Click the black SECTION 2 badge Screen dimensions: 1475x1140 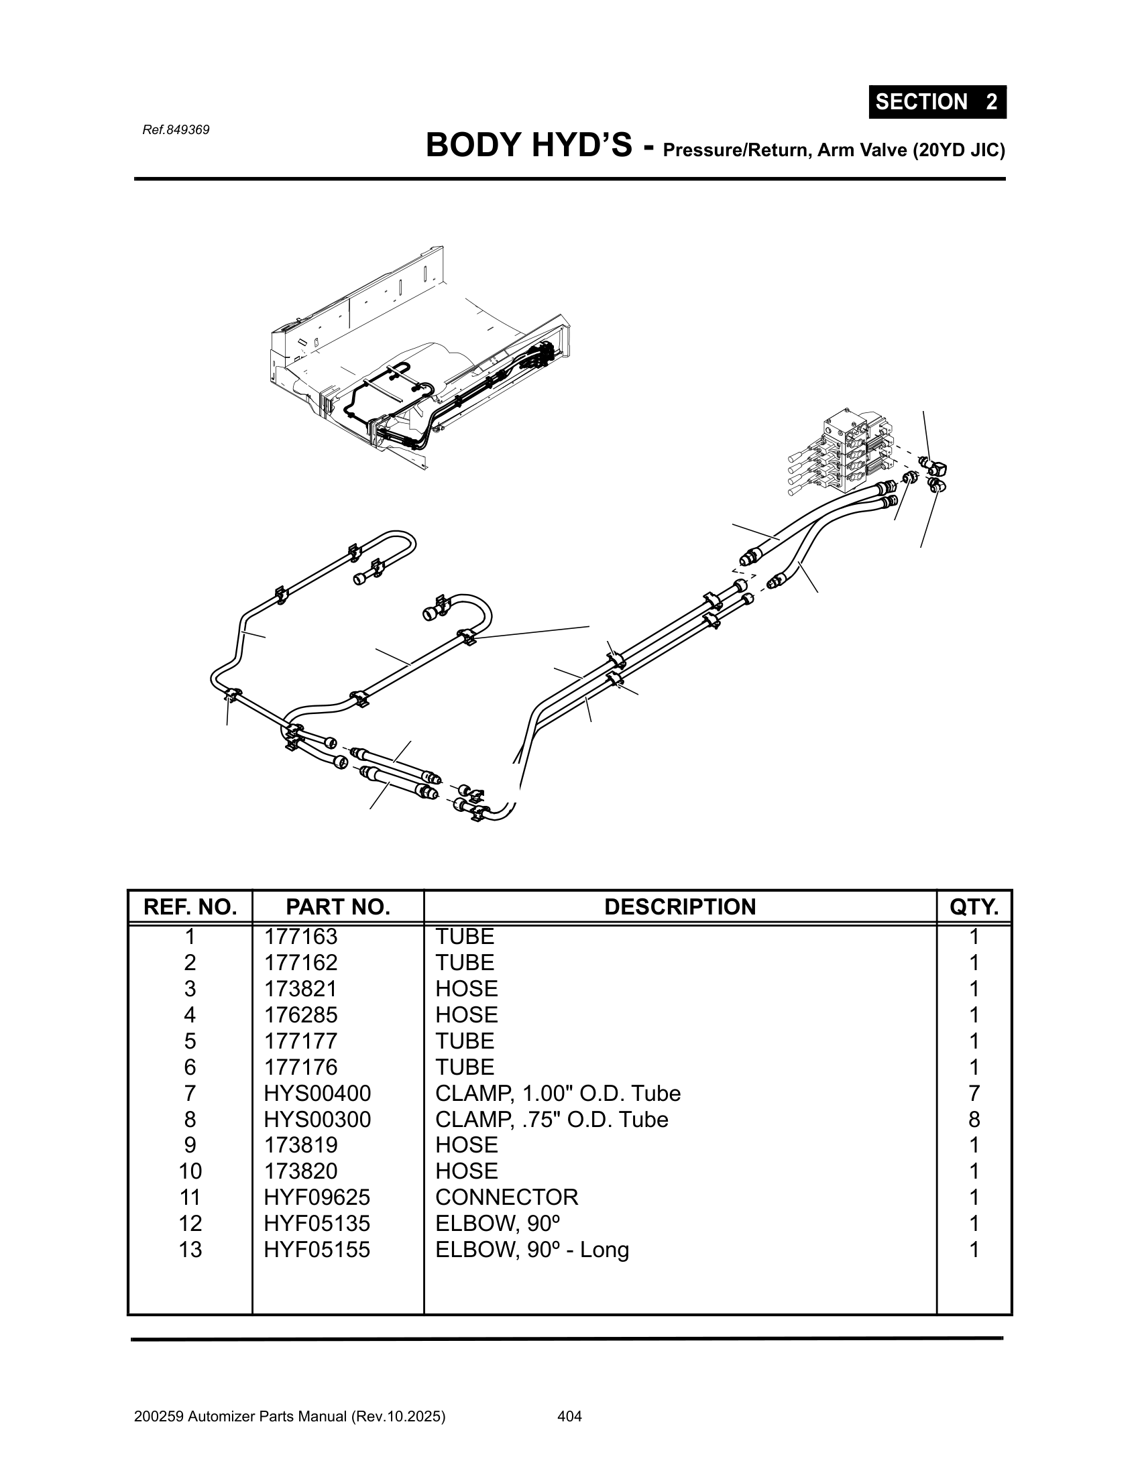pyautogui.click(x=937, y=102)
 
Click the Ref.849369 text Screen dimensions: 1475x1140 pyautogui.click(x=176, y=129)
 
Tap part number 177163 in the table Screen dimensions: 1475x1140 pyautogui.click(x=300, y=937)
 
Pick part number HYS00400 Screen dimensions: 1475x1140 pyautogui.click(x=317, y=1094)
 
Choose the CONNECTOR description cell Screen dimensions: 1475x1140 pyautogui.click(x=506, y=1197)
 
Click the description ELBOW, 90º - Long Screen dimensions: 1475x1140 pyautogui.click(x=532, y=1250)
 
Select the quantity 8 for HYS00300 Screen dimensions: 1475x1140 pyautogui.click(x=973, y=1120)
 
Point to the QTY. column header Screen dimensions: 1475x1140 pyautogui.click(x=973, y=906)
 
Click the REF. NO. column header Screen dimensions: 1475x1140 pyautogui.click(x=190, y=906)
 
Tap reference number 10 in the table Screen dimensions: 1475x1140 pyautogui.click(x=190, y=1172)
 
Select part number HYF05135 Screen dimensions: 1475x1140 pyautogui.click(x=317, y=1224)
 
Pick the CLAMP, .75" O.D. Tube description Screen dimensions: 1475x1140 pyautogui.click(x=551, y=1120)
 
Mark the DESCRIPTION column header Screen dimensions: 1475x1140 pyautogui.click(x=679, y=906)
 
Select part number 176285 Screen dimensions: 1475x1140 pyautogui.click(x=300, y=1015)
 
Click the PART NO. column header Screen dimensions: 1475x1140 pyautogui.click(x=338, y=906)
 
